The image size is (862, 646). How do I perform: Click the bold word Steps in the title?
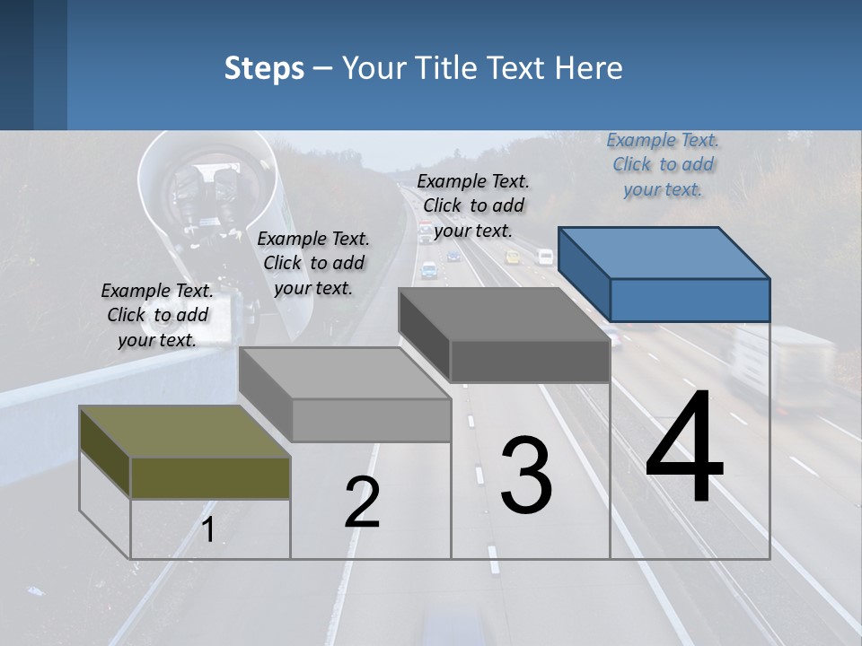coord(264,68)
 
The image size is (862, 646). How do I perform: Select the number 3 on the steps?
coord(526,476)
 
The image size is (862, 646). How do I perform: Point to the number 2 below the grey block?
coord(362,503)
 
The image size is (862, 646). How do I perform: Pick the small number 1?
coord(208,530)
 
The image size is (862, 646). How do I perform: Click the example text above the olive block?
coord(157,315)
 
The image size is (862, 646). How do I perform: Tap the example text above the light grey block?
coord(313,263)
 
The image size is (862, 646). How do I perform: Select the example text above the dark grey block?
coord(473,205)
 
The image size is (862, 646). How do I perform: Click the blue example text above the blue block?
coord(663,164)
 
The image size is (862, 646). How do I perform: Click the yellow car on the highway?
coord(513,258)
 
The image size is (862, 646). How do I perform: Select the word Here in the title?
coord(593,68)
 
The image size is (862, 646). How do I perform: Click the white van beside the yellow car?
coord(545,257)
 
